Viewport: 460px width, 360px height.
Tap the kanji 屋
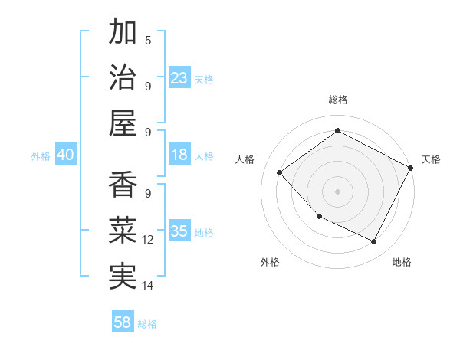tap(123, 123)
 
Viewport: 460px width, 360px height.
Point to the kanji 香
tap(123, 185)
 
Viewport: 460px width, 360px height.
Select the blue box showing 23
tap(179, 77)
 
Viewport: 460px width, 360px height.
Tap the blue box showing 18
tap(179, 155)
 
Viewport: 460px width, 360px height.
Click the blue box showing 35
tap(179, 231)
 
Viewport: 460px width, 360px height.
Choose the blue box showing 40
tap(66, 155)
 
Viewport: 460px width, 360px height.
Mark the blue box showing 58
tap(123, 322)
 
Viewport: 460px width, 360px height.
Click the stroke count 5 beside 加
tap(148, 41)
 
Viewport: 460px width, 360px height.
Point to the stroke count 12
tap(148, 240)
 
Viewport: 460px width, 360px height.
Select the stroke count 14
tap(148, 286)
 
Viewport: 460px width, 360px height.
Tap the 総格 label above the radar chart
tap(337, 100)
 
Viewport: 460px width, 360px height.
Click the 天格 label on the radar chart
tap(431, 159)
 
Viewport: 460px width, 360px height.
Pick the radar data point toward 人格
tap(280, 172)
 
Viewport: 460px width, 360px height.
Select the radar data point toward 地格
tap(374, 242)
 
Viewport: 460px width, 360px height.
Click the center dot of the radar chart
tap(337, 191)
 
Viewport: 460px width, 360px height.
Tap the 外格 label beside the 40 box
tap(41, 155)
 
